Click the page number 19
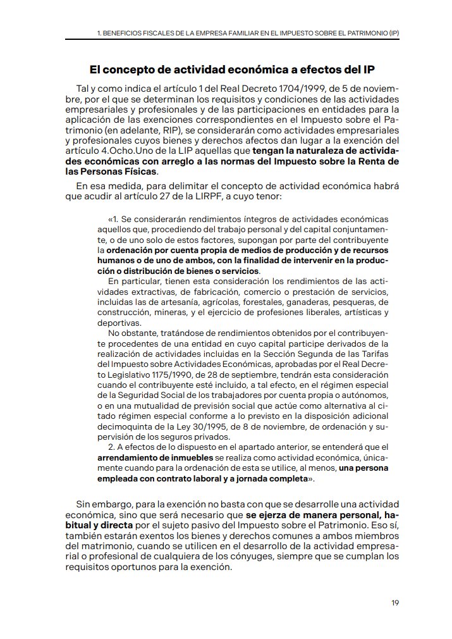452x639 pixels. point(394,602)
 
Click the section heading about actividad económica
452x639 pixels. point(236,68)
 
